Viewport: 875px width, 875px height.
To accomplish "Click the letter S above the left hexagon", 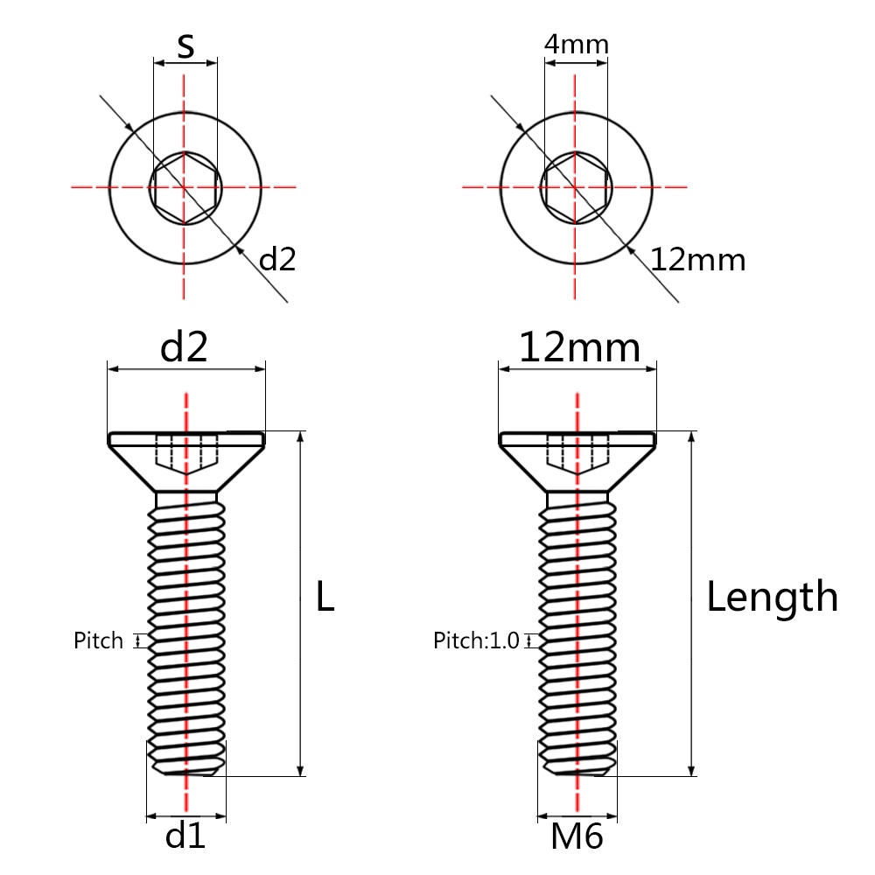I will (x=185, y=45).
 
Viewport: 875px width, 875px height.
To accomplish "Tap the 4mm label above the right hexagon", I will (x=576, y=44).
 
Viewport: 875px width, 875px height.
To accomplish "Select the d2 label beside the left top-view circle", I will (x=278, y=259).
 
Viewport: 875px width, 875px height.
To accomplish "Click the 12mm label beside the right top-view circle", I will (x=697, y=260).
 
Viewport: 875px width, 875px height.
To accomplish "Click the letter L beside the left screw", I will (x=325, y=598).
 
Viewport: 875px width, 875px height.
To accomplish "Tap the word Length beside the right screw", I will (x=772, y=598).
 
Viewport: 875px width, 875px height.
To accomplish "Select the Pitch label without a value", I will (x=98, y=640).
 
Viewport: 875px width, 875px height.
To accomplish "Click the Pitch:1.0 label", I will (x=477, y=640).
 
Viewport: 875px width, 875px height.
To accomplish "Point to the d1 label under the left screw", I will (x=185, y=837).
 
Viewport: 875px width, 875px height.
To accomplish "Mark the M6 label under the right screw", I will (x=577, y=837).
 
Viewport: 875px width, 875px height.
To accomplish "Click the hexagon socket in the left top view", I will (x=185, y=186).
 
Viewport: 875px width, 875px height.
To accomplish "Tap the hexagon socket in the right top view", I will (x=576, y=186).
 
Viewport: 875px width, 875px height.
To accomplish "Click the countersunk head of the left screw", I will (x=185, y=455).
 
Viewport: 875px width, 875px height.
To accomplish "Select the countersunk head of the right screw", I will (x=577, y=455).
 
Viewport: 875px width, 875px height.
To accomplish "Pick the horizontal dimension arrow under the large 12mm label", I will (x=577, y=370).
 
